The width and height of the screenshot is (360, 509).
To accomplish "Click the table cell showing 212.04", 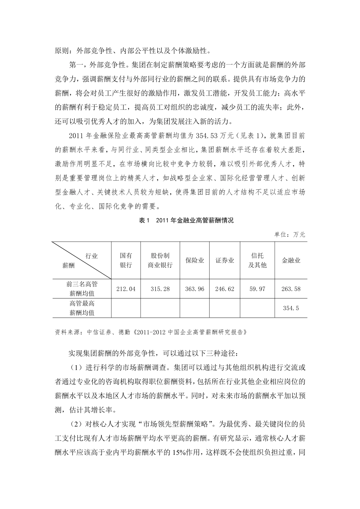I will click(x=126, y=289).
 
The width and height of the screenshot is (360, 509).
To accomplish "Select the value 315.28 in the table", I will click(x=160, y=289).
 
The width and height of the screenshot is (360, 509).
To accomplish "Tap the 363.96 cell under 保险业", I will click(x=194, y=289).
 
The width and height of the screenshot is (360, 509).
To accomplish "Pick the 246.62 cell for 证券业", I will click(x=225, y=289).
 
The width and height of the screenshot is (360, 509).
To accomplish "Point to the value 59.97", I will click(x=257, y=289).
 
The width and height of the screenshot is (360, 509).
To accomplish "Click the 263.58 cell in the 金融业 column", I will click(x=291, y=289).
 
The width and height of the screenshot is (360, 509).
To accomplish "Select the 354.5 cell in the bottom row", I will click(x=291, y=308).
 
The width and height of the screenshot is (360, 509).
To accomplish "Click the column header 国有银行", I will click(x=126, y=260).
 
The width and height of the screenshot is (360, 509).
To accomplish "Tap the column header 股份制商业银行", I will click(x=160, y=260).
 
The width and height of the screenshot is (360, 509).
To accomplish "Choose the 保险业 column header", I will click(x=194, y=261).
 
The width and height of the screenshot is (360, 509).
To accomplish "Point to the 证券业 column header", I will click(x=225, y=261).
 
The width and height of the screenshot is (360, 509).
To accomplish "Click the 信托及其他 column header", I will click(x=257, y=260).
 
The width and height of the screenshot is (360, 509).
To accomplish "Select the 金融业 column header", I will click(x=291, y=261).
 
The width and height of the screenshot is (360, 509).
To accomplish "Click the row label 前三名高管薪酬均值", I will click(x=82, y=289).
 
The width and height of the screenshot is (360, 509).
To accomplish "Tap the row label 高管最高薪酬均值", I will click(x=82, y=308).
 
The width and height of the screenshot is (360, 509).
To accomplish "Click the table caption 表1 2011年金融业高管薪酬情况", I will click(x=181, y=220).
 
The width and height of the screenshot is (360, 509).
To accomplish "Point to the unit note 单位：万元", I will click(x=290, y=235).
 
